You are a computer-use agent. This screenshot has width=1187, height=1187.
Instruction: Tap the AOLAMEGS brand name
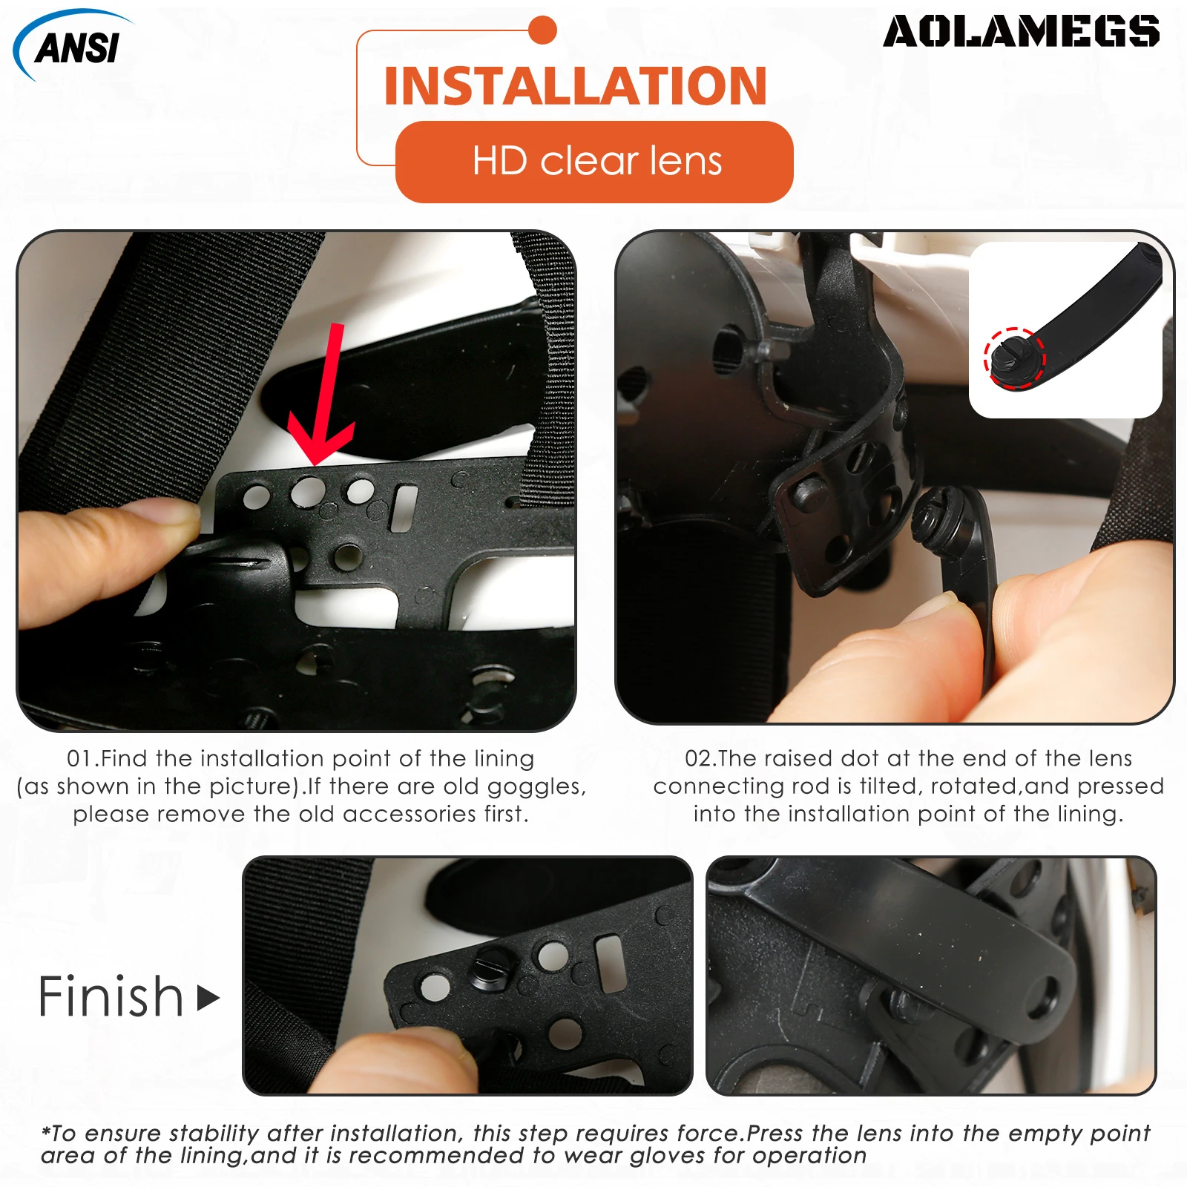[x=1021, y=32]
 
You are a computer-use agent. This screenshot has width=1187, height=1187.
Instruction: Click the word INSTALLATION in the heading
[x=575, y=86]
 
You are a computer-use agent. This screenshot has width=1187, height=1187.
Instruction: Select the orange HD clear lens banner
[x=595, y=162]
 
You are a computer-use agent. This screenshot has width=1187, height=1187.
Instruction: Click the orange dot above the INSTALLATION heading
[x=543, y=30]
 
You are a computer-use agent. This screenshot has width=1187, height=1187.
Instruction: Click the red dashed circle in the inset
[x=1014, y=358]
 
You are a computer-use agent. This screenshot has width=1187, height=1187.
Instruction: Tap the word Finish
[x=111, y=996]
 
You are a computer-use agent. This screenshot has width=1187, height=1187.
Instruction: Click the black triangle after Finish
[x=208, y=998]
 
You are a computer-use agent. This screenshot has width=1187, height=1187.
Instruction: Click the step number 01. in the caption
[x=82, y=758]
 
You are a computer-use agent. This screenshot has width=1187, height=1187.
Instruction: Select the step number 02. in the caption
[x=700, y=758]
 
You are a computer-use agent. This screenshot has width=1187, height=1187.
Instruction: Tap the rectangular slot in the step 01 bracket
[x=404, y=508]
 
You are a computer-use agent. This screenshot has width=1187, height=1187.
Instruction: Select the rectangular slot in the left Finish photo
[x=610, y=963]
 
